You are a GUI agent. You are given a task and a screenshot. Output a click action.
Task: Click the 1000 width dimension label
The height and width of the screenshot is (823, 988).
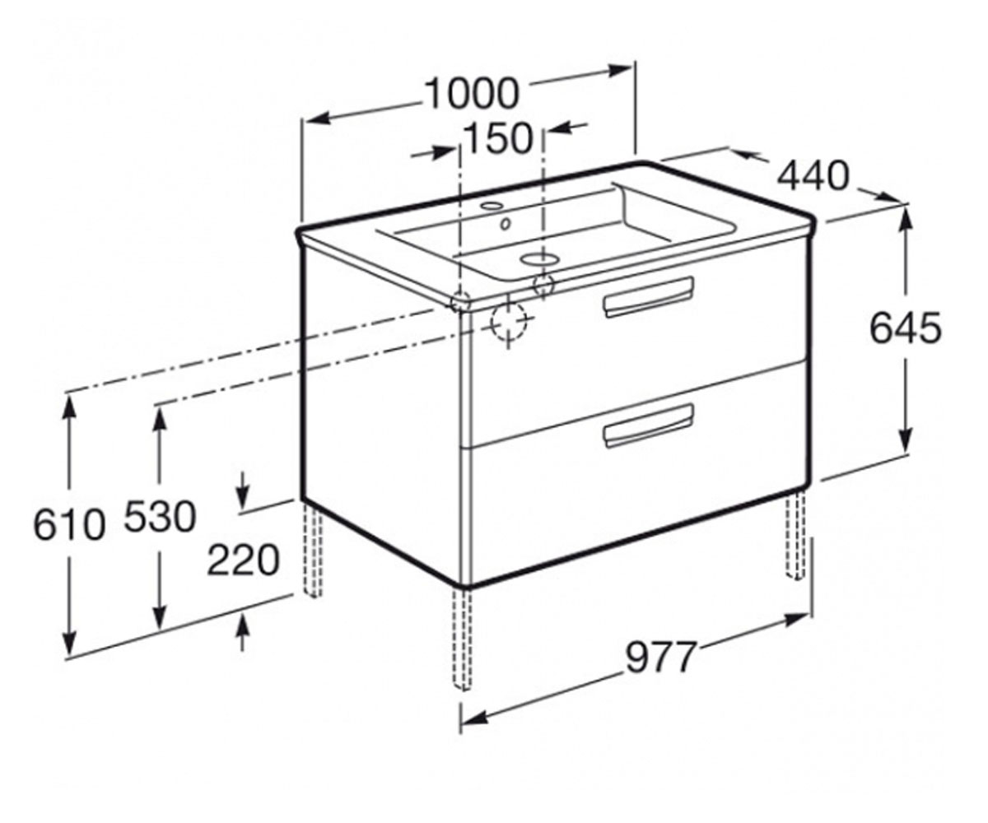click(x=472, y=93)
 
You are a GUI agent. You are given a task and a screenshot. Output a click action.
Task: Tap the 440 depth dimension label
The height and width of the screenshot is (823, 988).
click(x=813, y=175)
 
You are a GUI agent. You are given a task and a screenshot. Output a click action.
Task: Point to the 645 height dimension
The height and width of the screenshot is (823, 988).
click(x=906, y=328)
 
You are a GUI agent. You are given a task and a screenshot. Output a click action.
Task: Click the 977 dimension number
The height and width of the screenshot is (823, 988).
click(x=661, y=658)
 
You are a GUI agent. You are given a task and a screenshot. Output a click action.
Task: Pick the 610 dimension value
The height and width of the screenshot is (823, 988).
click(x=69, y=525)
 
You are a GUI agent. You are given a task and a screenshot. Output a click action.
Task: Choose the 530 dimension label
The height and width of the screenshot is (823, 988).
click(x=160, y=517)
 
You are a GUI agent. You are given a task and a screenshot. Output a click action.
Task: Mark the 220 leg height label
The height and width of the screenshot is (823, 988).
click(x=243, y=560)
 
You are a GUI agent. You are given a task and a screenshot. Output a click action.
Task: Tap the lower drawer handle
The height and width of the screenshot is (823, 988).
click(x=649, y=425)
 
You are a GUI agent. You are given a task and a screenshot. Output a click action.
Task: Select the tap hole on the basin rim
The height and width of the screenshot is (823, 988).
click(x=492, y=207)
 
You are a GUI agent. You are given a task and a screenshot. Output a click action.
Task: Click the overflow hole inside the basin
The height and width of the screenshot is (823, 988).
click(x=506, y=224)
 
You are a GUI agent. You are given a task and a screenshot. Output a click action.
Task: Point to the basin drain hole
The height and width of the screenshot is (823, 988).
click(x=540, y=258)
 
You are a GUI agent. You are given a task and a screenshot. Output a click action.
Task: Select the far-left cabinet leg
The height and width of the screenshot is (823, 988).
click(x=312, y=549)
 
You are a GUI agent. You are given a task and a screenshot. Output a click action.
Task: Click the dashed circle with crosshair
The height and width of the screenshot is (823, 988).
click(x=508, y=321)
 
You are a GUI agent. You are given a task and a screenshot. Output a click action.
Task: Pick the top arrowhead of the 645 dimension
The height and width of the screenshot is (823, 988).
click(x=906, y=219)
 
